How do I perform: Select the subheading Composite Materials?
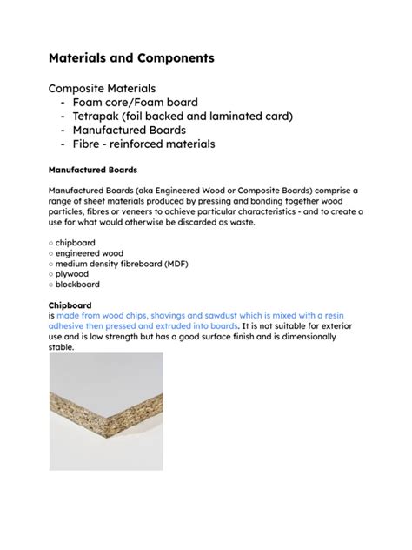point(103,88)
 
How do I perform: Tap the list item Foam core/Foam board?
point(148,102)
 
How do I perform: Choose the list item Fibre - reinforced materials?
point(156,144)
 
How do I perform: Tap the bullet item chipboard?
point(77,243)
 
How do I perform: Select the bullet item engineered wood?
point(90,253)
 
